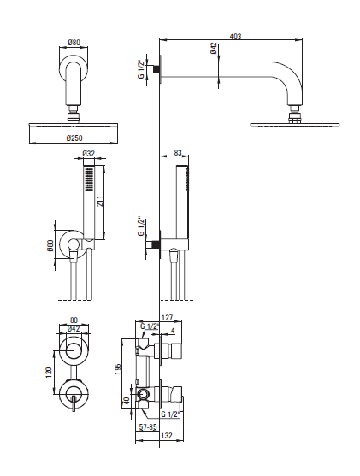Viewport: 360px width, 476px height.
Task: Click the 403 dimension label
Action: point(235,37)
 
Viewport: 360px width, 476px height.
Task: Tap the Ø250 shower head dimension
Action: point(74,138)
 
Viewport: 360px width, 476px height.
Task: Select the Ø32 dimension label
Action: point(89,154)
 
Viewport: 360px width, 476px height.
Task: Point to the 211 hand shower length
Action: point(100,202)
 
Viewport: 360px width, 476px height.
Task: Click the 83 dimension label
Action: point(178,153)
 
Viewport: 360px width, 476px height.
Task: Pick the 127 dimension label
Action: point(168,318)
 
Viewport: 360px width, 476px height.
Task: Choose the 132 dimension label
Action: point(167,436)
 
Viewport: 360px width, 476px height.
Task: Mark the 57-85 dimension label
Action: point(148,427)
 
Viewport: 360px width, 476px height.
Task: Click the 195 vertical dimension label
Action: point(118,368)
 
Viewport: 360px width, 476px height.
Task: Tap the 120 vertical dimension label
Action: point(49,373)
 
